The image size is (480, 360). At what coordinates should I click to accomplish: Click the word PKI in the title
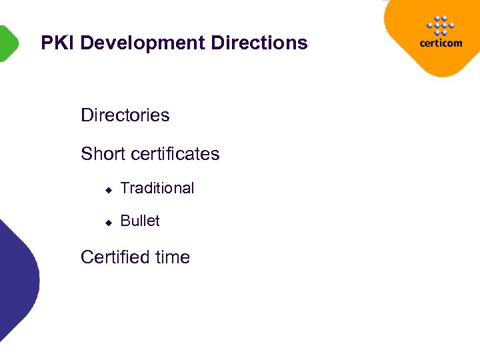(57, 43)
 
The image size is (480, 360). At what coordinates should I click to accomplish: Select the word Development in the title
(142, 43)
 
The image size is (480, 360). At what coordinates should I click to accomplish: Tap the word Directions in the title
(259, 43)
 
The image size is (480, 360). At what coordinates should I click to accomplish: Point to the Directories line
(125, 115)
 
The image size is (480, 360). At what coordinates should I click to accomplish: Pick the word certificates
(175, 154)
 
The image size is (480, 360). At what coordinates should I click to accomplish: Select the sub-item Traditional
(157, 189)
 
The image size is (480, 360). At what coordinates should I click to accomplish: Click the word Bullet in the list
(140, 221)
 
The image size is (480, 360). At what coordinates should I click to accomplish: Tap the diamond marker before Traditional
(108, 190)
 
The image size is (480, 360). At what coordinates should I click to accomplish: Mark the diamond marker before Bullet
(108, 223)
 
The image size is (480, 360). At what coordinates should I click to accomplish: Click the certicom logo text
(440, 43)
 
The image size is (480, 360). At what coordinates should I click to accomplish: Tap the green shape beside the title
(7, 43)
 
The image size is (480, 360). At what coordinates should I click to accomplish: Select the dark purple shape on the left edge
(17, 280)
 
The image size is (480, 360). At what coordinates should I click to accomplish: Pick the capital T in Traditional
(125, 189)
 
